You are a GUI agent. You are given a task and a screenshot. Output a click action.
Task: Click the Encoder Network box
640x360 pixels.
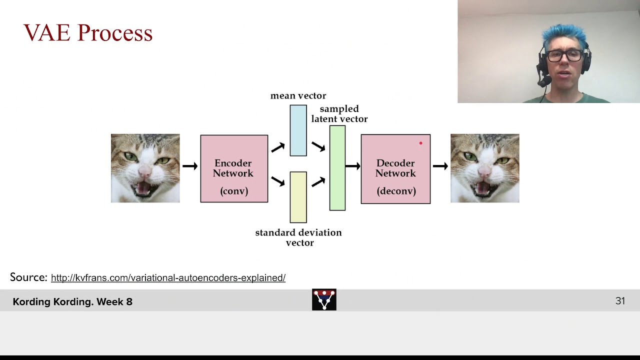(x=234, y=168)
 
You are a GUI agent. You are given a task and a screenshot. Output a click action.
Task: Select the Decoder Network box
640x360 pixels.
(x=395, y=169)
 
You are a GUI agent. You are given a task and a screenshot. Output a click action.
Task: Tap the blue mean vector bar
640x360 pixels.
(x=298, y=130)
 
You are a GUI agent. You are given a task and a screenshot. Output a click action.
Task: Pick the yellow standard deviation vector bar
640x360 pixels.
(x=298, y=197)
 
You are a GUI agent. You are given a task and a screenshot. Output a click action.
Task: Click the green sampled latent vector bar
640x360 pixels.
(x=337, y=168)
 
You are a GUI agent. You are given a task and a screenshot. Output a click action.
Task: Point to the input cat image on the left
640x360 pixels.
(x=145, y=168)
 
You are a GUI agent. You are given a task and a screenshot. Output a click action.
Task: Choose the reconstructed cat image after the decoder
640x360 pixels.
(x=484, y=168)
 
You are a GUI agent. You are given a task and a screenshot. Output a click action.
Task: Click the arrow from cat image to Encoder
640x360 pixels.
(x=190, y=166)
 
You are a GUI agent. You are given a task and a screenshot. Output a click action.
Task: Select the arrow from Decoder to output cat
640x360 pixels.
(x=440, y=166)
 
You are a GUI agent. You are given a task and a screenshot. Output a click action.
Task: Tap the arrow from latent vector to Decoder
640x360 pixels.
(x=353, y=166)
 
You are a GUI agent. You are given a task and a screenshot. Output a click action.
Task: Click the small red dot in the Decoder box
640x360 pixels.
(x=420, y=143)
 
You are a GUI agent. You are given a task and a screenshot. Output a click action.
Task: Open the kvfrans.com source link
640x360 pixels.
(x=168, y=278)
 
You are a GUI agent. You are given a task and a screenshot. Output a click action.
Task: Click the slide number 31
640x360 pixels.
(x=620, y=301)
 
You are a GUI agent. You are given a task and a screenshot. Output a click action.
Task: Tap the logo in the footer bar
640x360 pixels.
(x=324, y=299)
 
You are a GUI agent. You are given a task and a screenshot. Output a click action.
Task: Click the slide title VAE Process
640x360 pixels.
(x=88, y=33)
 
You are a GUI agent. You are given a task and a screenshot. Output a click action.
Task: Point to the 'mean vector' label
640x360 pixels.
(x=298, y=95)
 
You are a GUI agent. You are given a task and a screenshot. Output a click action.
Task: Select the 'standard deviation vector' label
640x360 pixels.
(x=298, y=237)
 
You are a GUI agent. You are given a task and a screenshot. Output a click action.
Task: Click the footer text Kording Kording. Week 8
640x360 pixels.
(x=72, y=301)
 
